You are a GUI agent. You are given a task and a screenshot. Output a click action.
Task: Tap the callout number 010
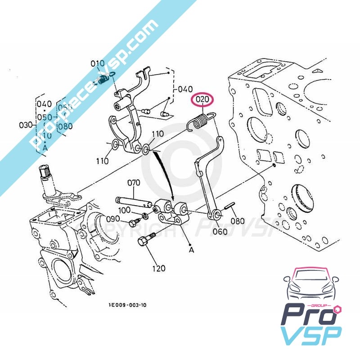point(98,63)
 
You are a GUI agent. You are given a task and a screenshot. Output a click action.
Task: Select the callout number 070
point(134,183)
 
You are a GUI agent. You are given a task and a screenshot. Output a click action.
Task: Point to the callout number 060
point(220,232)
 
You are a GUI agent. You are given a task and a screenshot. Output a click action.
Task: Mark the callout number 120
point(159,269)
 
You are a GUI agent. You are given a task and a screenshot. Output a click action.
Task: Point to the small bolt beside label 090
point(134,222)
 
